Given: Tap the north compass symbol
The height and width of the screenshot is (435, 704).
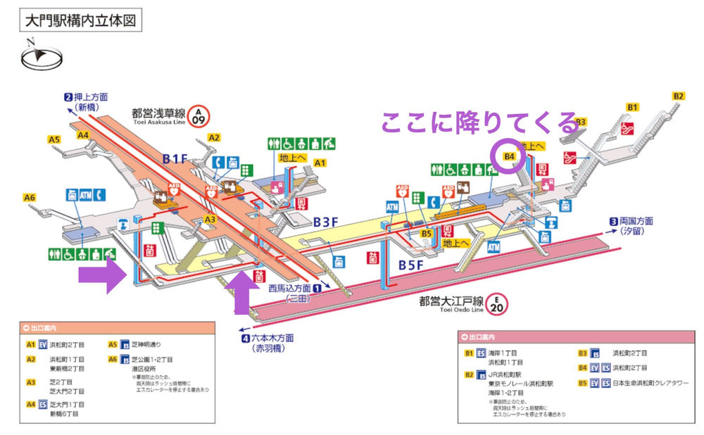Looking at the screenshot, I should pos(42,57).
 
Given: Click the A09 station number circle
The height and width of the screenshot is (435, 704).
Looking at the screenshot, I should pos(200,115).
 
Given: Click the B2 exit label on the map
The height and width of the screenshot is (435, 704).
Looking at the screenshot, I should pos(678,96).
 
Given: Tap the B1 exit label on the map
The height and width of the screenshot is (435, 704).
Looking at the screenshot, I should pos(632,107).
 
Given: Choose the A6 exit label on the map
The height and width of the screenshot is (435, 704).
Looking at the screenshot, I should pos(29,198).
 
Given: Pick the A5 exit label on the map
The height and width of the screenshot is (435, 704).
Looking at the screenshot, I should pos(54,139).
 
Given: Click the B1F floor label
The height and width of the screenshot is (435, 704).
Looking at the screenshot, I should pos(176,159).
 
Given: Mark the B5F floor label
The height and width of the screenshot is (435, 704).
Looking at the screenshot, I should pos(412,265).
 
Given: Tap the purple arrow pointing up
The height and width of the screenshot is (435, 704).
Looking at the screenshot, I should pos(241,289).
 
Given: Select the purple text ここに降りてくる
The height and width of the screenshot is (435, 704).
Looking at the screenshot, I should pos(479,122).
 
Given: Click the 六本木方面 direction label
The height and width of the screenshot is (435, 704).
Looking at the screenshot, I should pos(272,338).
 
